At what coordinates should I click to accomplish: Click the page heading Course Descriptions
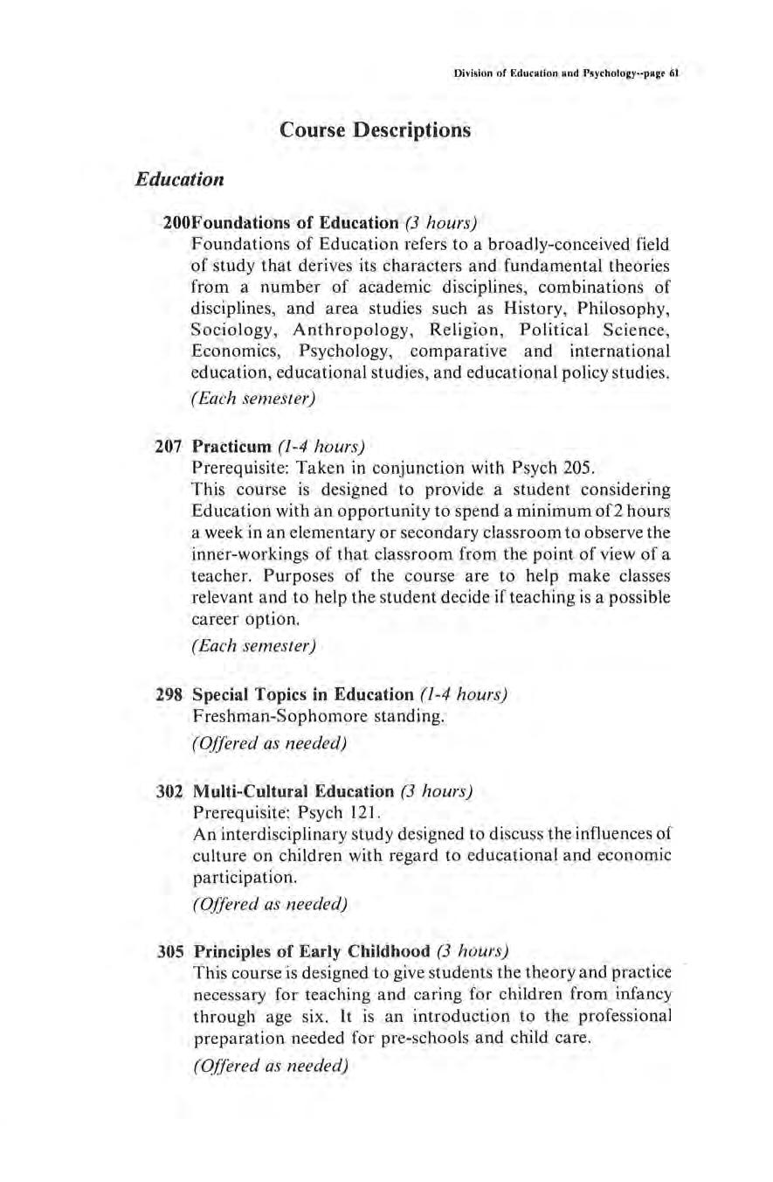pos(375,131)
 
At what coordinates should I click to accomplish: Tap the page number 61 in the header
pos(674,75)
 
